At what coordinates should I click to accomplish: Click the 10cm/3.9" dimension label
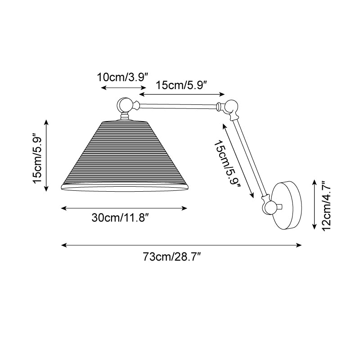click(122, 77)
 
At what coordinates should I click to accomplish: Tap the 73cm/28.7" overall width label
click(172, 256)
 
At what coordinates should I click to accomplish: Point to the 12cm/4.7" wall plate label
click(326, 206)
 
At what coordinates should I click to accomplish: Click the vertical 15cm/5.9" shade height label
click(37, 158)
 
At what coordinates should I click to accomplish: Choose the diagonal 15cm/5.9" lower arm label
click(227, 163)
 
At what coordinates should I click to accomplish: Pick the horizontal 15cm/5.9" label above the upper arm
click(182, 85)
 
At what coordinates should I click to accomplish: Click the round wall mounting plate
click(286, 205)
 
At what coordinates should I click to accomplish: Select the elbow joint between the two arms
click(231, 108)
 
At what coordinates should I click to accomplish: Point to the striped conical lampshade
click(124, 156)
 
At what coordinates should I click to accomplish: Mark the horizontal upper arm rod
click(178, 106)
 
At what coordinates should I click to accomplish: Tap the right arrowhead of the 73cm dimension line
click(299, 245)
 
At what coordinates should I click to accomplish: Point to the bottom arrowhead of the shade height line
click(46, 189)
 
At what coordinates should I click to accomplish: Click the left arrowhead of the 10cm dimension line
click(104, 87)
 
